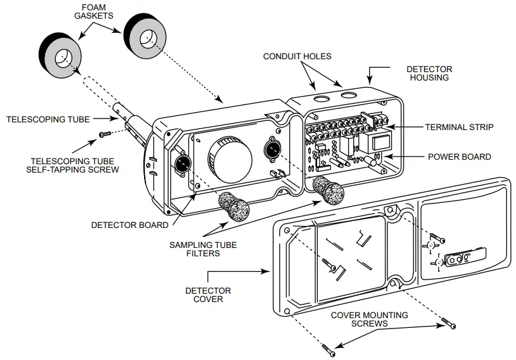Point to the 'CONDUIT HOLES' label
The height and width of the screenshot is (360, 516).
point(297,57)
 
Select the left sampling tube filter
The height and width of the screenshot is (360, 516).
point(235,207)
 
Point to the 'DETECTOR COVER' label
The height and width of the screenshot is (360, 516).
point(208,296)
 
